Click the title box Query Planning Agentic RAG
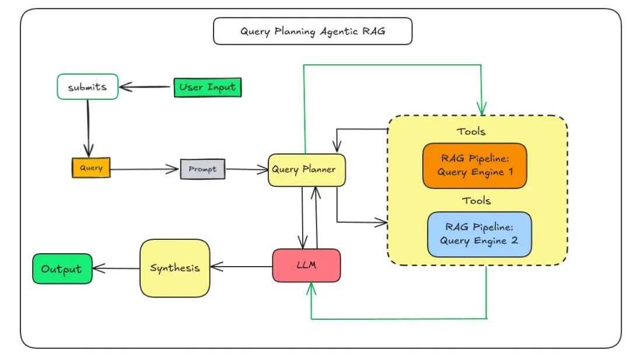(313, 32)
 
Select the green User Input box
(208, 88)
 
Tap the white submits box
(87, 87)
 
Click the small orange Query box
(90, 168)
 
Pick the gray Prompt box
(202, 169)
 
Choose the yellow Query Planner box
(306, 170)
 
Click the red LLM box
(306, 265)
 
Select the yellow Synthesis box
(174, 268)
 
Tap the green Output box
(62, 269)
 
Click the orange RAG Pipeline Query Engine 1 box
(474, 166)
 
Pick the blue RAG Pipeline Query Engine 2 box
(480, 234)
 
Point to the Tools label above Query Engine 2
(477, 200)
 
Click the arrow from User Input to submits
(146, 88)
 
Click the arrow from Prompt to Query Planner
(246, 170)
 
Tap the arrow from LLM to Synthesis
(241, 267)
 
